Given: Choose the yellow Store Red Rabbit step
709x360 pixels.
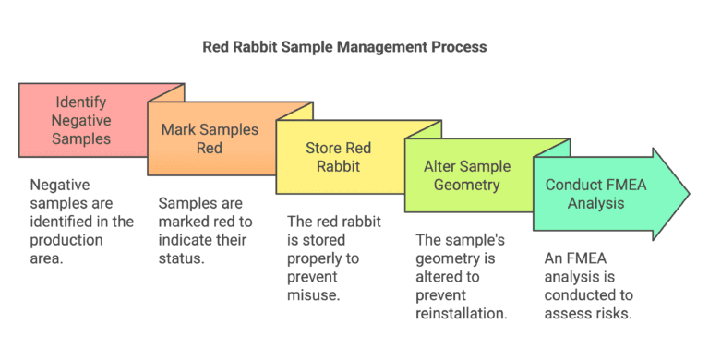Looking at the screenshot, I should coord(339,157).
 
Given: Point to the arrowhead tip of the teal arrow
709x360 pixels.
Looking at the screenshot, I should coord(688,194).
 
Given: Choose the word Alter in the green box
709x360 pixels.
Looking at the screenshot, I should coord(440,167).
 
